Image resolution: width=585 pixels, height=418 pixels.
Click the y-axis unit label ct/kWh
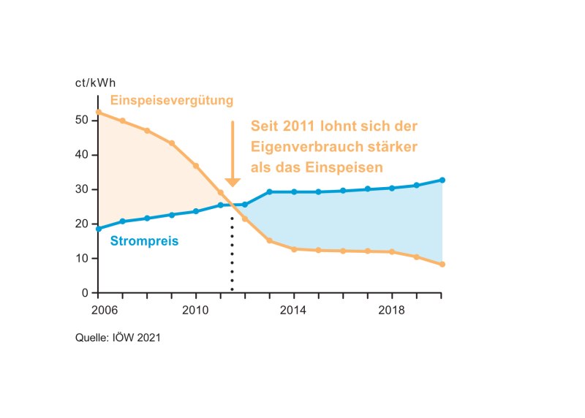[96, 83]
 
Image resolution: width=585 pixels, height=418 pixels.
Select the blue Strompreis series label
[145, 239]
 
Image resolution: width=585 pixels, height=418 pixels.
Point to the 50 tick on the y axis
[81, 121]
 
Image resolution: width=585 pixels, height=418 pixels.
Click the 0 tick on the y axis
[85, 293]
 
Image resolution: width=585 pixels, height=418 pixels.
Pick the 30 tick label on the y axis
[81, 189]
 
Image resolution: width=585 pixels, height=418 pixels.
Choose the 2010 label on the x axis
[196, 310]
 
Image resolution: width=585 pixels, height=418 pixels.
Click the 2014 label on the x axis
[294, 310]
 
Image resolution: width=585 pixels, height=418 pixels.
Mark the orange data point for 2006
[99, 112]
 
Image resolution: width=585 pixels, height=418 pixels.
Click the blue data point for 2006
[99, 229]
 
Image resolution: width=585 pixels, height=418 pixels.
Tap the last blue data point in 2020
[442, 180]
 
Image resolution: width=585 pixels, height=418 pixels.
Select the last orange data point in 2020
[442, 265]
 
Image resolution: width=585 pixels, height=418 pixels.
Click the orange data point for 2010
[196, 166]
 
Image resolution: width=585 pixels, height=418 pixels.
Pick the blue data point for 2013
[270, 192]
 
